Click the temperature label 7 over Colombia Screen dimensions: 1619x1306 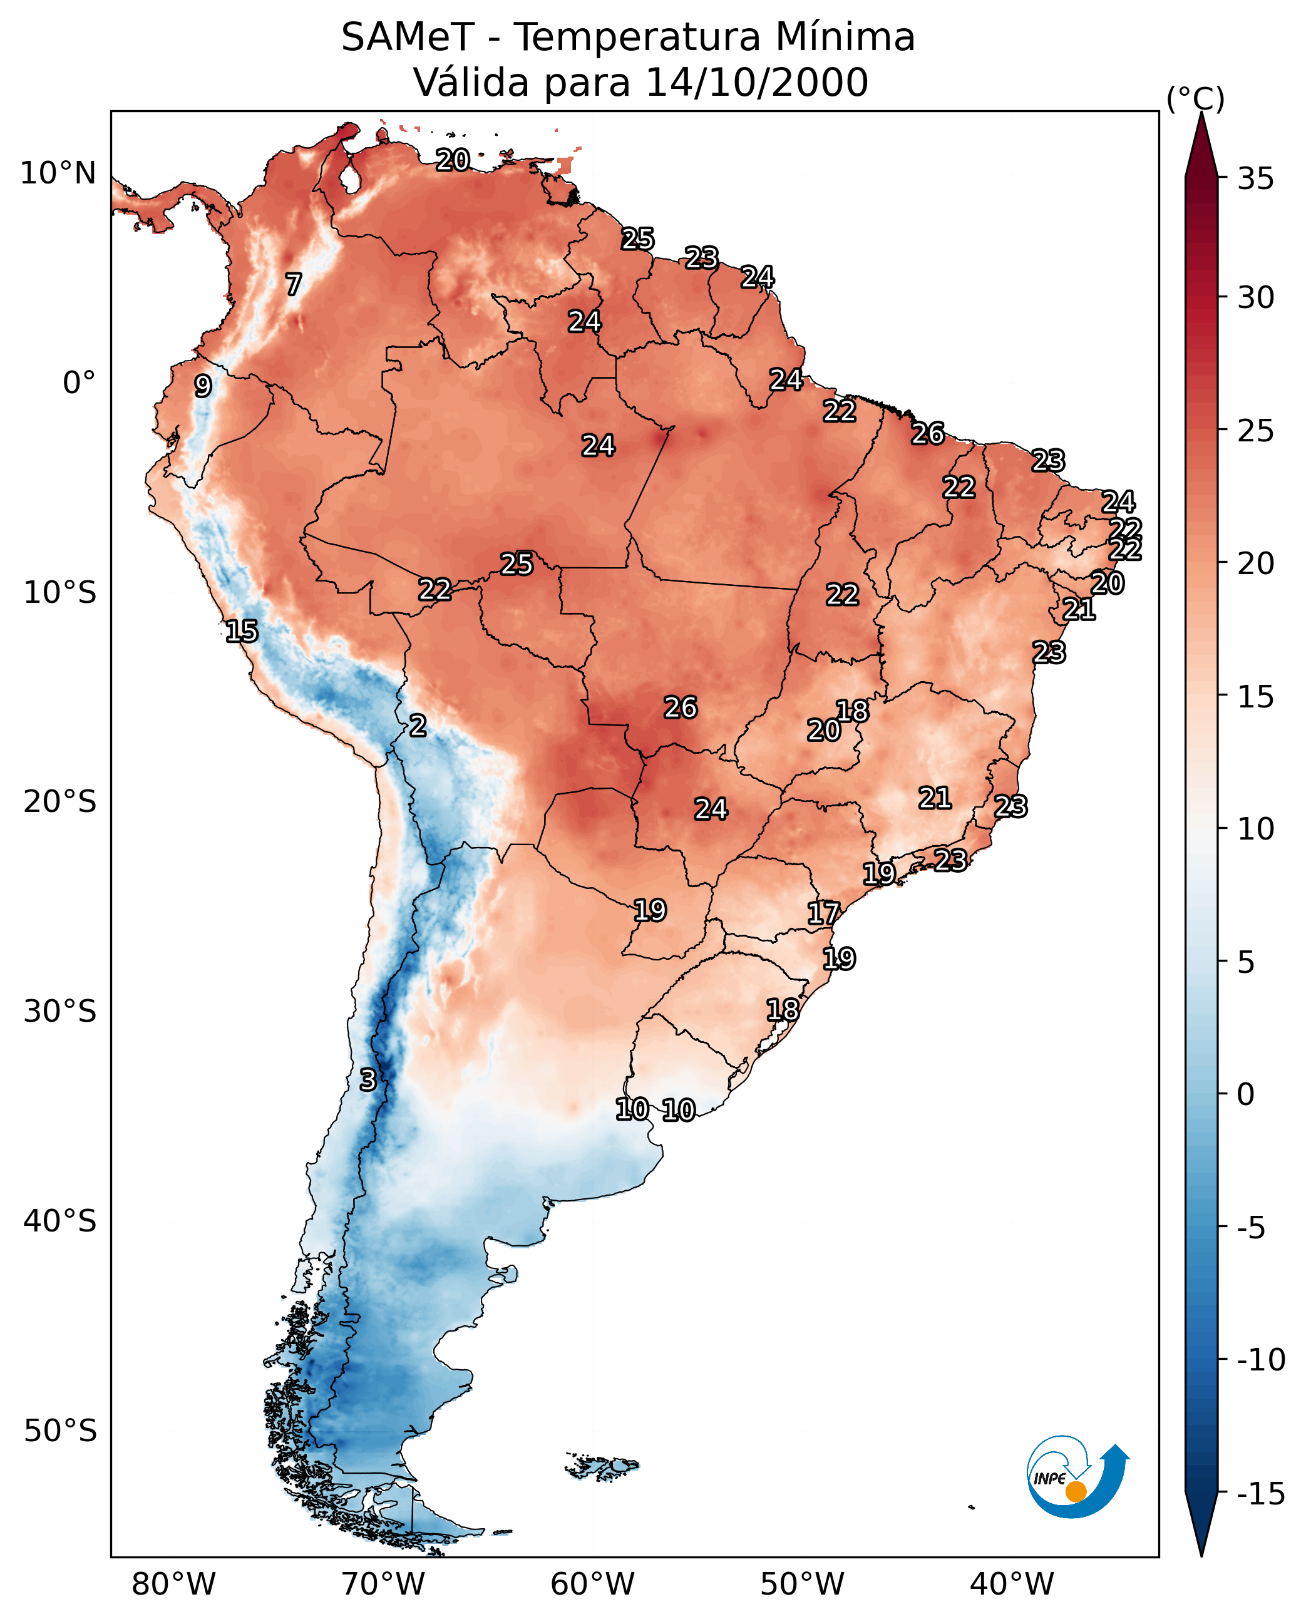(x=294, y=284)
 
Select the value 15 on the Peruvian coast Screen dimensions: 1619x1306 (x=242, y=631)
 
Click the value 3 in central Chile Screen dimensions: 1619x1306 (x=367, y=1079)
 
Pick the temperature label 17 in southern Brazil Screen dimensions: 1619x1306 (x=823, y=913)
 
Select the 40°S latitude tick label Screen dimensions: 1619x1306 (x=60, y=1220)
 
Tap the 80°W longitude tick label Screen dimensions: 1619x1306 (x=174, y=1584)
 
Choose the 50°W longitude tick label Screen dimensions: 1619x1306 (x=802, y=1584)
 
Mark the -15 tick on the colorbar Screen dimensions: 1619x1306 (x=1261, y=1494)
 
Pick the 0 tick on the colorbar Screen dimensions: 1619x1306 (x=1246, y=1094)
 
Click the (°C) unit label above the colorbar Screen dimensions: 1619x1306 (x=1195, y=98)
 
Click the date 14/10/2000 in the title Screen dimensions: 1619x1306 (x=757, y=82)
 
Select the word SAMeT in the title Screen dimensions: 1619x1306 (x=408, y=37)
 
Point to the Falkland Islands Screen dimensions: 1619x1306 (x=602, y=1466)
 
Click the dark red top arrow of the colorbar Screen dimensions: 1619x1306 (x=1201, y=146)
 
